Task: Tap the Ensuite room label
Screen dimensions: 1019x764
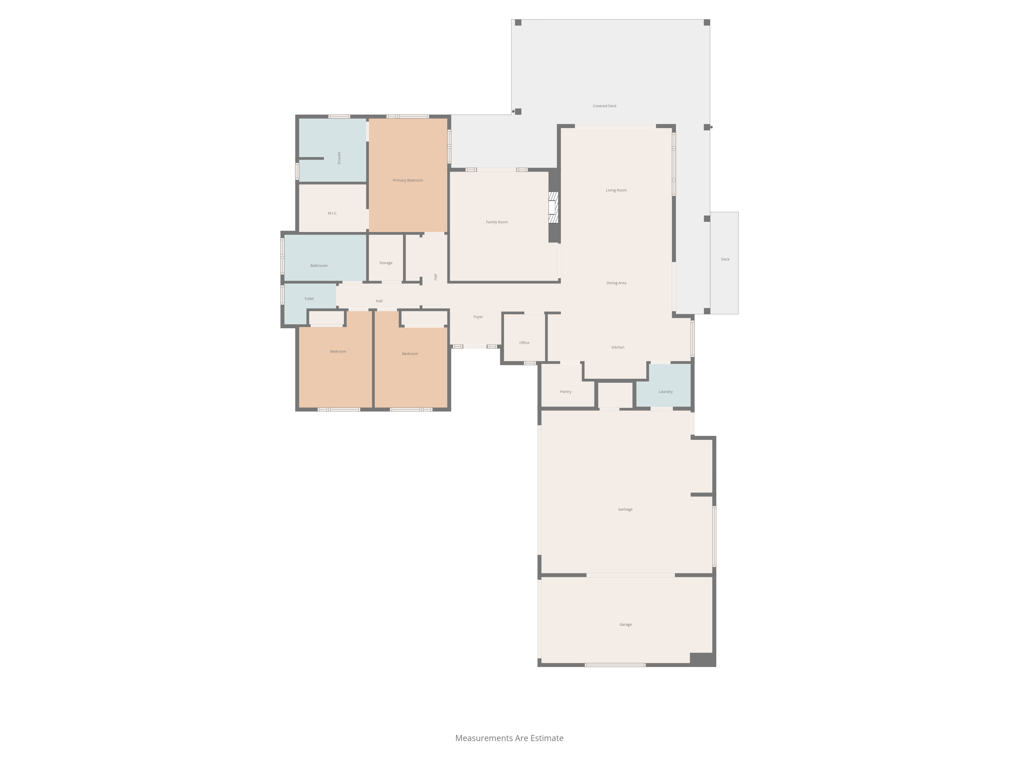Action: pyautogui.click(x=339, y=158)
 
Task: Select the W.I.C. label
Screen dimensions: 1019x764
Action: pyautogui.click(x=333, y=213)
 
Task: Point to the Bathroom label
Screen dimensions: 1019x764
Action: pyautogui.click(x=319, y=266)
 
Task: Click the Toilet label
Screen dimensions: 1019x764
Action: pyautogui.click(x=309, y=299)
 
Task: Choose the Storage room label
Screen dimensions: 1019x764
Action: pyautogui.click(x=386, y=263)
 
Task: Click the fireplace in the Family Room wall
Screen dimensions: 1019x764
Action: pyautogui.click(x=553, y=207)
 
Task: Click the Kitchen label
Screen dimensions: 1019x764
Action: pyautogui.click(x=618, y=348)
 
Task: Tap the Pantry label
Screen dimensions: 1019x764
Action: pyautogui.click(x=566, y=392)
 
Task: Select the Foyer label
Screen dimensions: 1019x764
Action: pyautogui.click(x=478, y=317)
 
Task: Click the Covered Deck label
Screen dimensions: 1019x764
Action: pyautogui.click(x=605, y=106)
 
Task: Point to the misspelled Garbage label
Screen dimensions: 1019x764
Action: pyautogui.click(x=625, y=509)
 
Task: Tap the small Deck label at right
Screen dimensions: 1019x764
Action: pyautogui.click(x=725, y=259)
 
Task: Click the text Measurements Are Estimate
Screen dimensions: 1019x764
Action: pyautogui.click(x=509, y=738)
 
